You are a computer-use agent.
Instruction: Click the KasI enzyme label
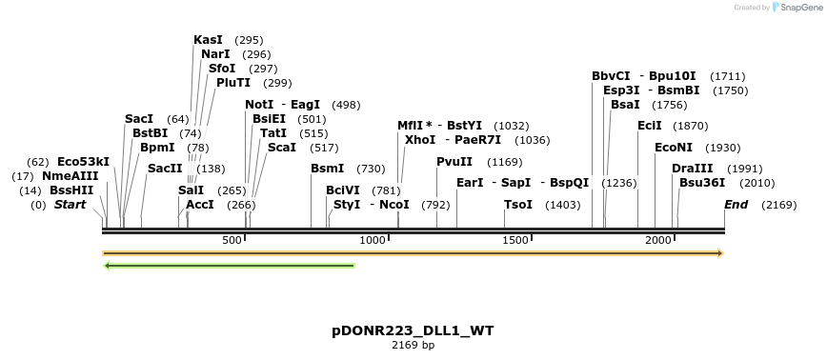click(x=208, y=40)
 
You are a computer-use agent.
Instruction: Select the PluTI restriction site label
click(x=233, y=83)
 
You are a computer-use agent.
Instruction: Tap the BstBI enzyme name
click(x=151, y=133)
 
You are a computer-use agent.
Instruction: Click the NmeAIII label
click(x=70, y=176)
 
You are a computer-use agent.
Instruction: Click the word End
click(x=736, y=205)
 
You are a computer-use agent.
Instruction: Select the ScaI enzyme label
click(x=282, y=148)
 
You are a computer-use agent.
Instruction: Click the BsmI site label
click(x=327, y=169)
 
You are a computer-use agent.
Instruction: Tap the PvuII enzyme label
click(x=454, y=162)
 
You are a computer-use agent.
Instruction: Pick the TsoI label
click(x=518, y=205)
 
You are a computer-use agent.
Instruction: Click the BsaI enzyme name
click(x=625, y=105)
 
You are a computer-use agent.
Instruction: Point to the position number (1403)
click(x=562, y=205)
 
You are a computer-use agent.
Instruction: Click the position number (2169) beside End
click(x=779, y=205)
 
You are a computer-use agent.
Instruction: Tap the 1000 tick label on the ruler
click(x=373, y=240)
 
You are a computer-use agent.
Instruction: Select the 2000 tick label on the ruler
click(x=658, y=240)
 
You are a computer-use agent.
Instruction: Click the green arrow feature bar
click(x=229, y=266)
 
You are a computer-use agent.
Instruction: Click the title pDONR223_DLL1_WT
click(x=413, y=330)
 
